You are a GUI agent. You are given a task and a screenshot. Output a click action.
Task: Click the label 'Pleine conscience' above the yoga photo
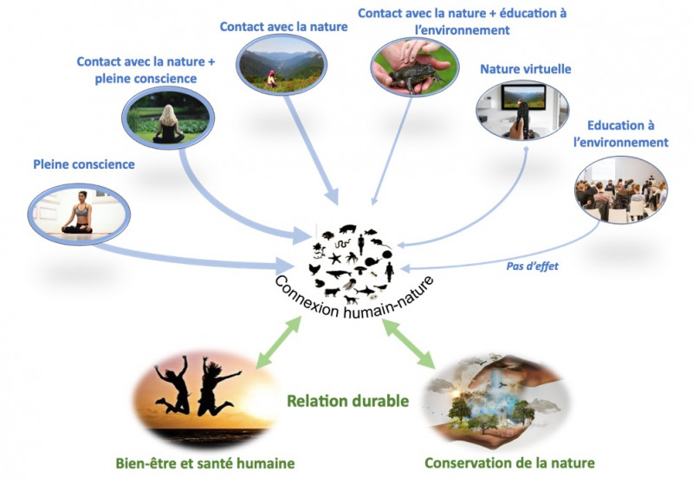coord(84,164)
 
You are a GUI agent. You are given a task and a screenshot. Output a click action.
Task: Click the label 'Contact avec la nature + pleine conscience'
coord(145,70)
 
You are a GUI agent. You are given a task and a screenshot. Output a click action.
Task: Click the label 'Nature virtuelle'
coord(519,68)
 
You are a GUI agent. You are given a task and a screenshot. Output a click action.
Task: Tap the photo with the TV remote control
coord(522,109)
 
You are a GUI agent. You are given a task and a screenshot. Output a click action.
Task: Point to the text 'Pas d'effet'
coord(532,266)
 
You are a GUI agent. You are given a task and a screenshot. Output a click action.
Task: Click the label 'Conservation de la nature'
coord(509,463)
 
